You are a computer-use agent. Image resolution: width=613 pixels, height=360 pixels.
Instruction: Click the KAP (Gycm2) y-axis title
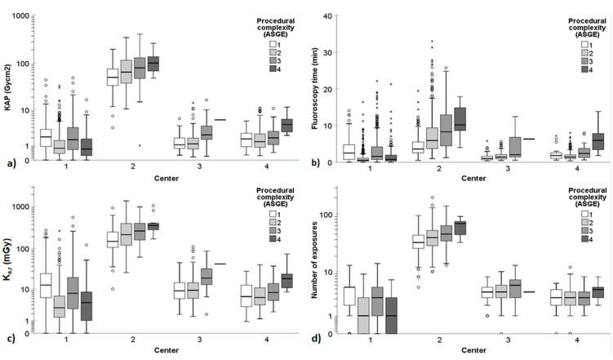(x=7, y=80)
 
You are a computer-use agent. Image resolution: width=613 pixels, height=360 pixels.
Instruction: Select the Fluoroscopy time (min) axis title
(x=317, y=80)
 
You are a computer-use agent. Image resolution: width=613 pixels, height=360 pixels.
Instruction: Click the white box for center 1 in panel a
(x=46, y=137)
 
